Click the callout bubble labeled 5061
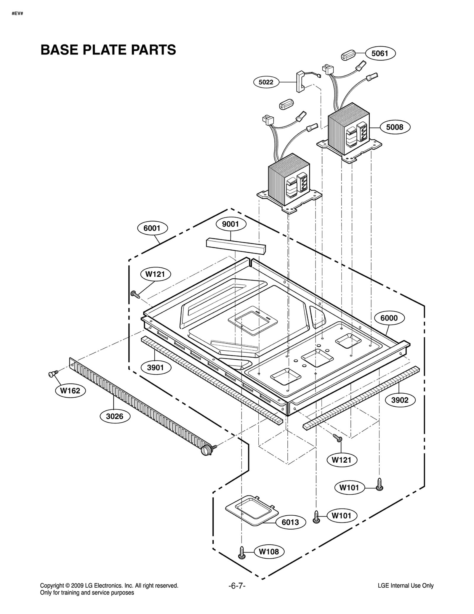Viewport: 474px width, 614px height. [x=379, y=53]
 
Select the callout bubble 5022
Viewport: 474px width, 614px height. [x=266, y=82]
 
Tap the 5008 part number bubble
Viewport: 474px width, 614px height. [x=395, y=127]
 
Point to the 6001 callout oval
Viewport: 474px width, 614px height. [x=152, y=228]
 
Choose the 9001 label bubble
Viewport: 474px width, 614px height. [x=230, y=224]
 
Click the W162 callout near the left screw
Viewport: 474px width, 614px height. [x=70, y=391]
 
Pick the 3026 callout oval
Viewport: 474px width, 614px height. [x=114, y=416]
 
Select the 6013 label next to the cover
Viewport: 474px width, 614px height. [x=290, y=522]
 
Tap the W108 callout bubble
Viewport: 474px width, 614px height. [x=269, y=552]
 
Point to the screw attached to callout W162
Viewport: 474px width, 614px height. [x=52, y=374]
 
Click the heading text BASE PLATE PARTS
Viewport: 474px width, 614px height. [x=108, y=50]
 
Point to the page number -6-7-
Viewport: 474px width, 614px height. [x=237, y=586]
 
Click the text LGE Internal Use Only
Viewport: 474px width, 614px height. [x=405, y=586]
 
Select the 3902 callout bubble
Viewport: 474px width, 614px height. [x=400, y=400]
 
